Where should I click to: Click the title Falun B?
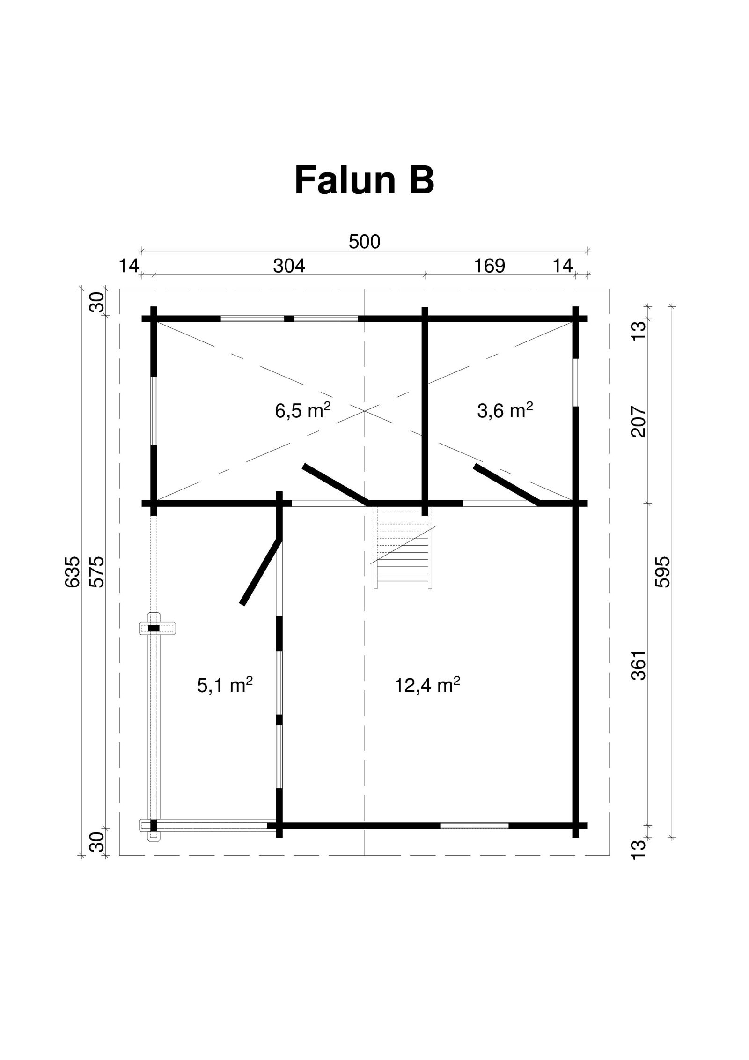(364, 181)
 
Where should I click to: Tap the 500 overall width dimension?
(365, 242)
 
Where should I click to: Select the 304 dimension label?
(289, 266)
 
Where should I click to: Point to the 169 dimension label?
(490, 266)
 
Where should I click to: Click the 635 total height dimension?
(73, 572)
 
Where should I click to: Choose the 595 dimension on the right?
(663, 572)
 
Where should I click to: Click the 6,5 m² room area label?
(303, 411)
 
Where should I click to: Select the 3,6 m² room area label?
(505, 411)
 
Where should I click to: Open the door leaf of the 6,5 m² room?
(336, 485)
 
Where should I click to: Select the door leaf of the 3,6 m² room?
(507, 485)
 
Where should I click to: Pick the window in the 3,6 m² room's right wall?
(576, 382)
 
